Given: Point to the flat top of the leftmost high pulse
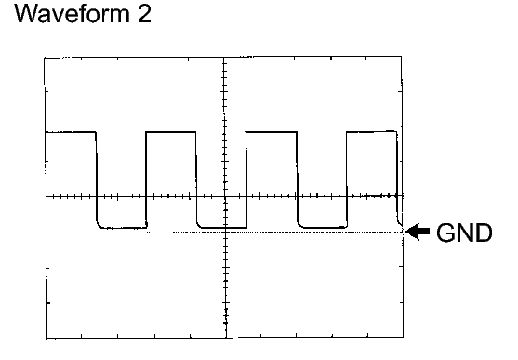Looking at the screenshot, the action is [x=70, y=132].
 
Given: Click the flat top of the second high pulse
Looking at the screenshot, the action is [x=171, y=132].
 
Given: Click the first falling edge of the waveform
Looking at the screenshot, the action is [x=97, y=180].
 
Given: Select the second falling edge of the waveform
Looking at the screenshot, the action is [x=197, y=180].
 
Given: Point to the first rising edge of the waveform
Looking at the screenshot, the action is [x=146, y=180].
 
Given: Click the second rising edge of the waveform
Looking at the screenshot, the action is [x=246, y=180].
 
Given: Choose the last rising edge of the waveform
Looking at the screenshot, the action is [x=347, y=180].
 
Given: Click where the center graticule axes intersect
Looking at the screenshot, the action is [x=225, y=197].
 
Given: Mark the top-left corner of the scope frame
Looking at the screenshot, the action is [x=45, y=58].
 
